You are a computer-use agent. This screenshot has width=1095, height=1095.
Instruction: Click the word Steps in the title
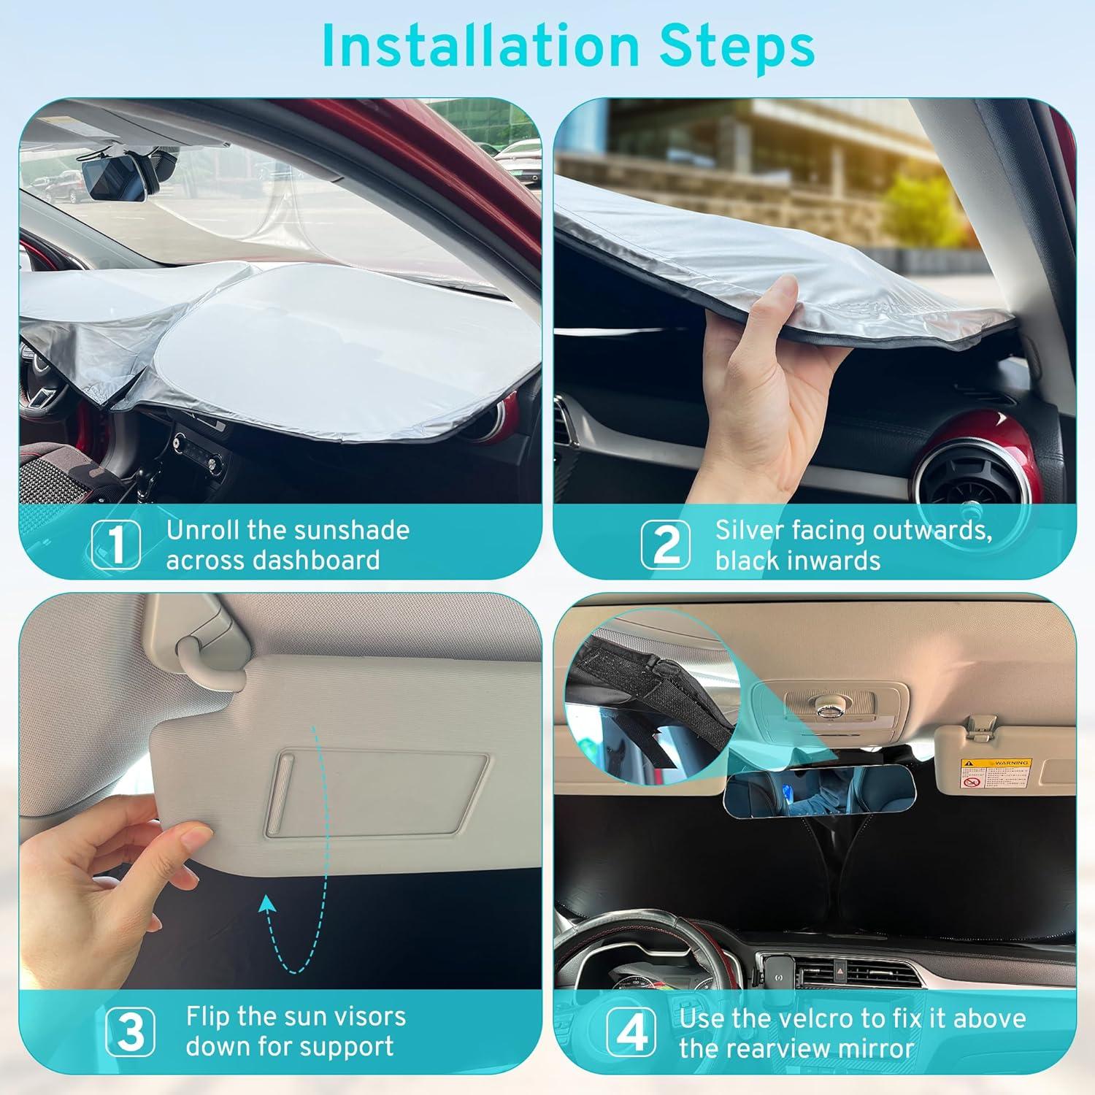tap(737, 45)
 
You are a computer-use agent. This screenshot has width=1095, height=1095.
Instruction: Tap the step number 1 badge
tap(116, 545)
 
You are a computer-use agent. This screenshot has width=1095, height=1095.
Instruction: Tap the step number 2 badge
tap(665, 545)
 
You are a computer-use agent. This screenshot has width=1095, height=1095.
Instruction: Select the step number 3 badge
tap(130, 1031)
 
